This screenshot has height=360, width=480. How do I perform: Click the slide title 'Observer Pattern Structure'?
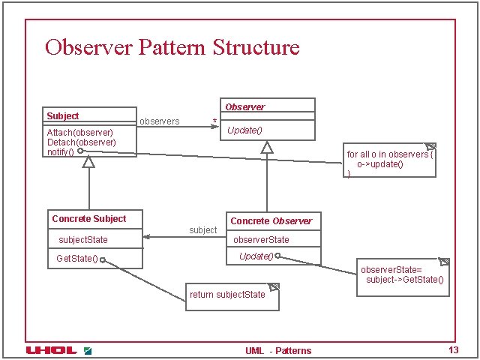(x=172, y=48)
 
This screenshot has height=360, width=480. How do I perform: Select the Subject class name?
(x=62, y=116)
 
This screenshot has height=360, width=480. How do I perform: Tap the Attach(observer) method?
(x=79, y=133)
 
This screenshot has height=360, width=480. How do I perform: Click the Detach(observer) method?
(x=81, y=142)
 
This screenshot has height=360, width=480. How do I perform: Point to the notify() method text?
(x=61, y=151)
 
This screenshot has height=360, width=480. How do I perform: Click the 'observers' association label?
(x=159, y=121)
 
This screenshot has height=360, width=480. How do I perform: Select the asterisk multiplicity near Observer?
(x=215, y=121)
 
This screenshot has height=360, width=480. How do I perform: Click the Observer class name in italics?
(x=244, y=107)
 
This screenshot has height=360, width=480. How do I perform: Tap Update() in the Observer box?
(x=244, y=130)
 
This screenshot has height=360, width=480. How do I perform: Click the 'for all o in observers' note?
(x=389, y=159)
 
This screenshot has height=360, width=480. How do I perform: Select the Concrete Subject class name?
(x=88, y=219)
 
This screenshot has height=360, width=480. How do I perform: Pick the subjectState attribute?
(x=83, y=240)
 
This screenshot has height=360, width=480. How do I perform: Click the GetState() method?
(x=76, y=259)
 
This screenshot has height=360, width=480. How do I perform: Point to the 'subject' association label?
(x=202, y=230)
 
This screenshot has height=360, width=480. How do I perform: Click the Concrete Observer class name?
(x=271, y=221)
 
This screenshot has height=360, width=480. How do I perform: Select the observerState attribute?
(x=261, y=240)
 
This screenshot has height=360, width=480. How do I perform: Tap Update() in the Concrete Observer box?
(x=256, y=256)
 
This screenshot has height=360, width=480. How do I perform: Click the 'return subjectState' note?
(x=228, y=295)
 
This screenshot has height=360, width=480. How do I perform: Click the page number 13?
(x=452, y=350)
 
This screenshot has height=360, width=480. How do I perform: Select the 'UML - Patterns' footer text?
(x=278, y=350)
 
